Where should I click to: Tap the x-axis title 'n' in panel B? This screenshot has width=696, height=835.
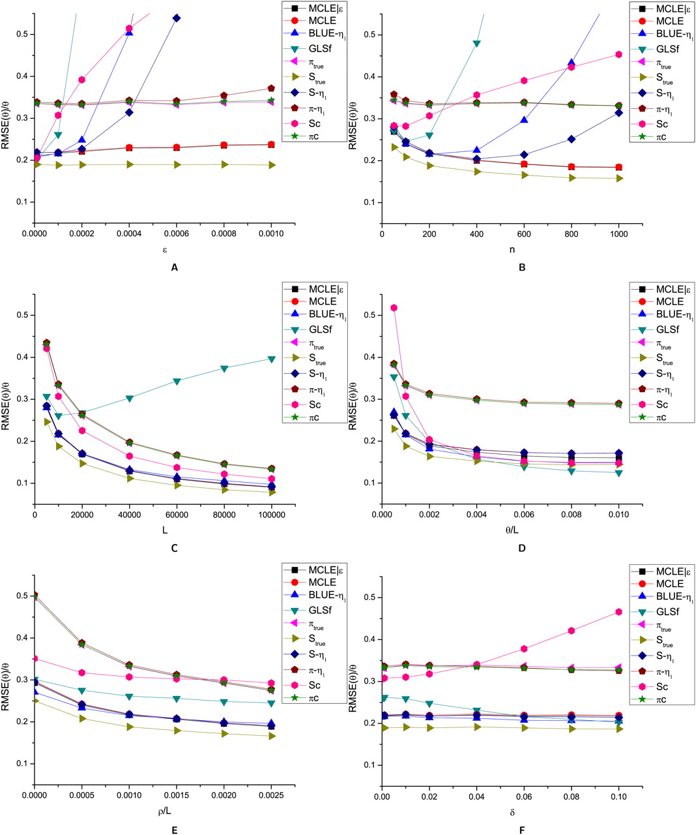[500, 249]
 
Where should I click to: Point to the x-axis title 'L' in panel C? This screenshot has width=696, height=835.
[164, 530]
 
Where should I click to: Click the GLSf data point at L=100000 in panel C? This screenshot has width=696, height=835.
[272, 359]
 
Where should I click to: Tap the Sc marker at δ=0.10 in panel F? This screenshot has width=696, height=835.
[618, 611]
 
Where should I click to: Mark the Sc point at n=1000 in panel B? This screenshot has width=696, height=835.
[618, 54]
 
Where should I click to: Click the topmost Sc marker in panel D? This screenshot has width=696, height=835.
[394, 307]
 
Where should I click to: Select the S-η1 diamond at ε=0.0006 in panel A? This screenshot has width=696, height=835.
[177, 18]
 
